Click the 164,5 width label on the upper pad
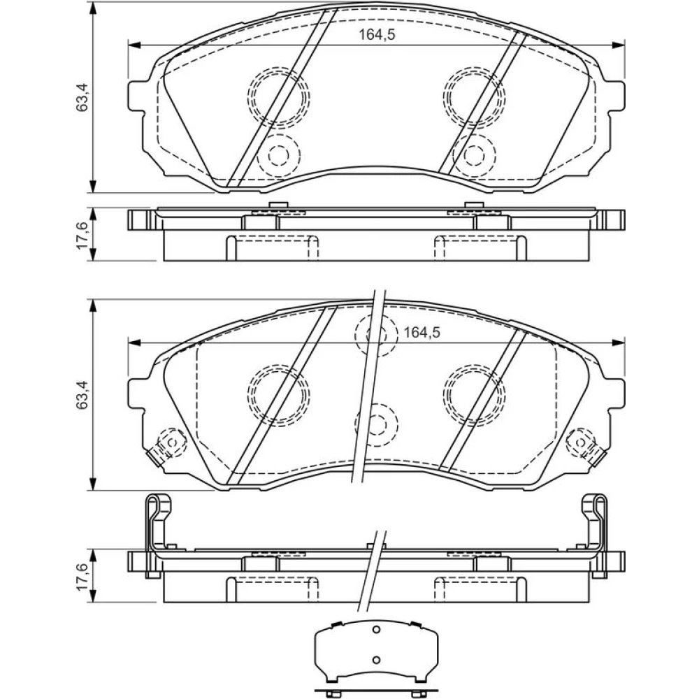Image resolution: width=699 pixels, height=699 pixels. click(377, 35)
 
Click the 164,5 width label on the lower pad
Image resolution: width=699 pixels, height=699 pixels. click(421, 332)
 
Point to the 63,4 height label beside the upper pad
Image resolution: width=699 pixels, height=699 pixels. click(82, 97)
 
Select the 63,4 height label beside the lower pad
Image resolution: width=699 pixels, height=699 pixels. click(82, 395)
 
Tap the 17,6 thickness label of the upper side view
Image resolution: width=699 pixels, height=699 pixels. click(82, 236)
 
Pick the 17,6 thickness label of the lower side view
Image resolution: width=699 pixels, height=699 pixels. click(82, 577)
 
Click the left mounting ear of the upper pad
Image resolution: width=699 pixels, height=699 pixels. click(137, 96)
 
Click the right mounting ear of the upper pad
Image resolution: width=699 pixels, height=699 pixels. click(616, 96)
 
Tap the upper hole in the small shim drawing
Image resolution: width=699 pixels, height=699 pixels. click(376, 630)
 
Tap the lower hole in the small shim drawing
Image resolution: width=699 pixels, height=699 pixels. click(376, 660)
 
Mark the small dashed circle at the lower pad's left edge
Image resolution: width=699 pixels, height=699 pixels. click(173, 442)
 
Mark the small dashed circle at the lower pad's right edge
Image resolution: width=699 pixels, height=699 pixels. click(580, 442)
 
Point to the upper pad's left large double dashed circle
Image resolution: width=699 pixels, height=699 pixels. click(279, 96)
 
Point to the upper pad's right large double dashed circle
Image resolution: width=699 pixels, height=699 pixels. click(475, 96)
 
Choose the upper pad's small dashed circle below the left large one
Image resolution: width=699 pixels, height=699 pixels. click(279, 154)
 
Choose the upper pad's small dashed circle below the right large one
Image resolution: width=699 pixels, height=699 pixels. click(474, 154)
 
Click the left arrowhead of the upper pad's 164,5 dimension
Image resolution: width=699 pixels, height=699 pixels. click(134, 45)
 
